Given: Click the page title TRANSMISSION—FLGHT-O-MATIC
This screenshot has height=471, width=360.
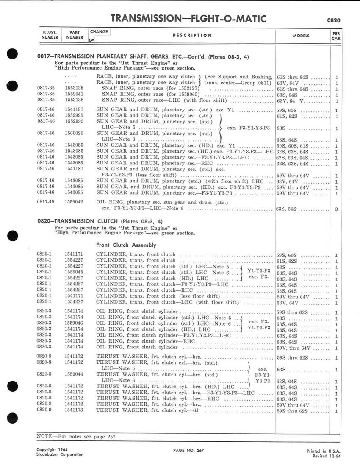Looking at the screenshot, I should tap(188, 18).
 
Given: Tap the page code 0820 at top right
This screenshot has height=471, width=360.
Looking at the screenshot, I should tap(334, 20).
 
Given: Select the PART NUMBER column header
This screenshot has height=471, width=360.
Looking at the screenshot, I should tap(75, 35).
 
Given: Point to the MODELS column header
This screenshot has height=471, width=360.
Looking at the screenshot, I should tap(301, 36).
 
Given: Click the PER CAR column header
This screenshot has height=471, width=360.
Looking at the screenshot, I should tap(335, 35).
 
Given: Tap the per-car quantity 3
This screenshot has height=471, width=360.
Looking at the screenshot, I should tap(336, 209).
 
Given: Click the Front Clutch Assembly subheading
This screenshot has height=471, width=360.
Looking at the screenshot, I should tap(126, 245).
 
